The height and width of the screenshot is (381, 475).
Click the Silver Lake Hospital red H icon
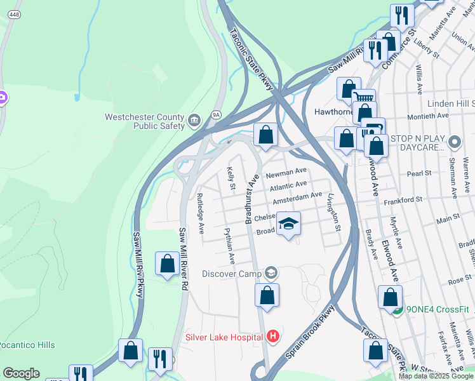point(273,336)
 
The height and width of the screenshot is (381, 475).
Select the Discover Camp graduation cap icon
point(272,273)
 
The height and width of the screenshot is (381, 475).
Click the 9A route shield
point(216,114)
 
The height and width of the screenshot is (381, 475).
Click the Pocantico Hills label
point(27,345)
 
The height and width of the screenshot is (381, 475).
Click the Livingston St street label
point(334,208)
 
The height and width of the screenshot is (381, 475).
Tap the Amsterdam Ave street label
point(297,199)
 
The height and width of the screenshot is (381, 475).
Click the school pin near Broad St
point(288,225)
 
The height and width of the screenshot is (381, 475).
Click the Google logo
point(20,373)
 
